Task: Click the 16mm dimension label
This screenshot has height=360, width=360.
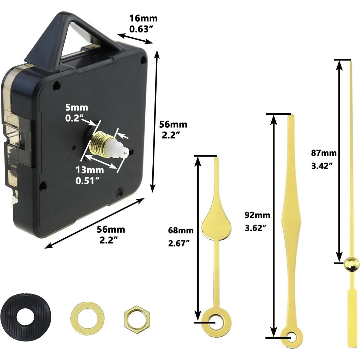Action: point(144,18)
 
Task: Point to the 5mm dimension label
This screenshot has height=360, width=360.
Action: point(76,107)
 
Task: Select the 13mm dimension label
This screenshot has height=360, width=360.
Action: point(90,170)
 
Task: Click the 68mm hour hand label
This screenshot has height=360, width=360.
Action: point(181,230)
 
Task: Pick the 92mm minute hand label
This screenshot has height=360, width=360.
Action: point(257,215)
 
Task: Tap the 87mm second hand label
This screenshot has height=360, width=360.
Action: point(324,153)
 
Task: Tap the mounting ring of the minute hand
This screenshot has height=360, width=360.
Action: point(292,337)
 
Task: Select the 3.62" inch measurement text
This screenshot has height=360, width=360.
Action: point(255,228)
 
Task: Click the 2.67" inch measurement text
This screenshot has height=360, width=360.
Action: point(179,243)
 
